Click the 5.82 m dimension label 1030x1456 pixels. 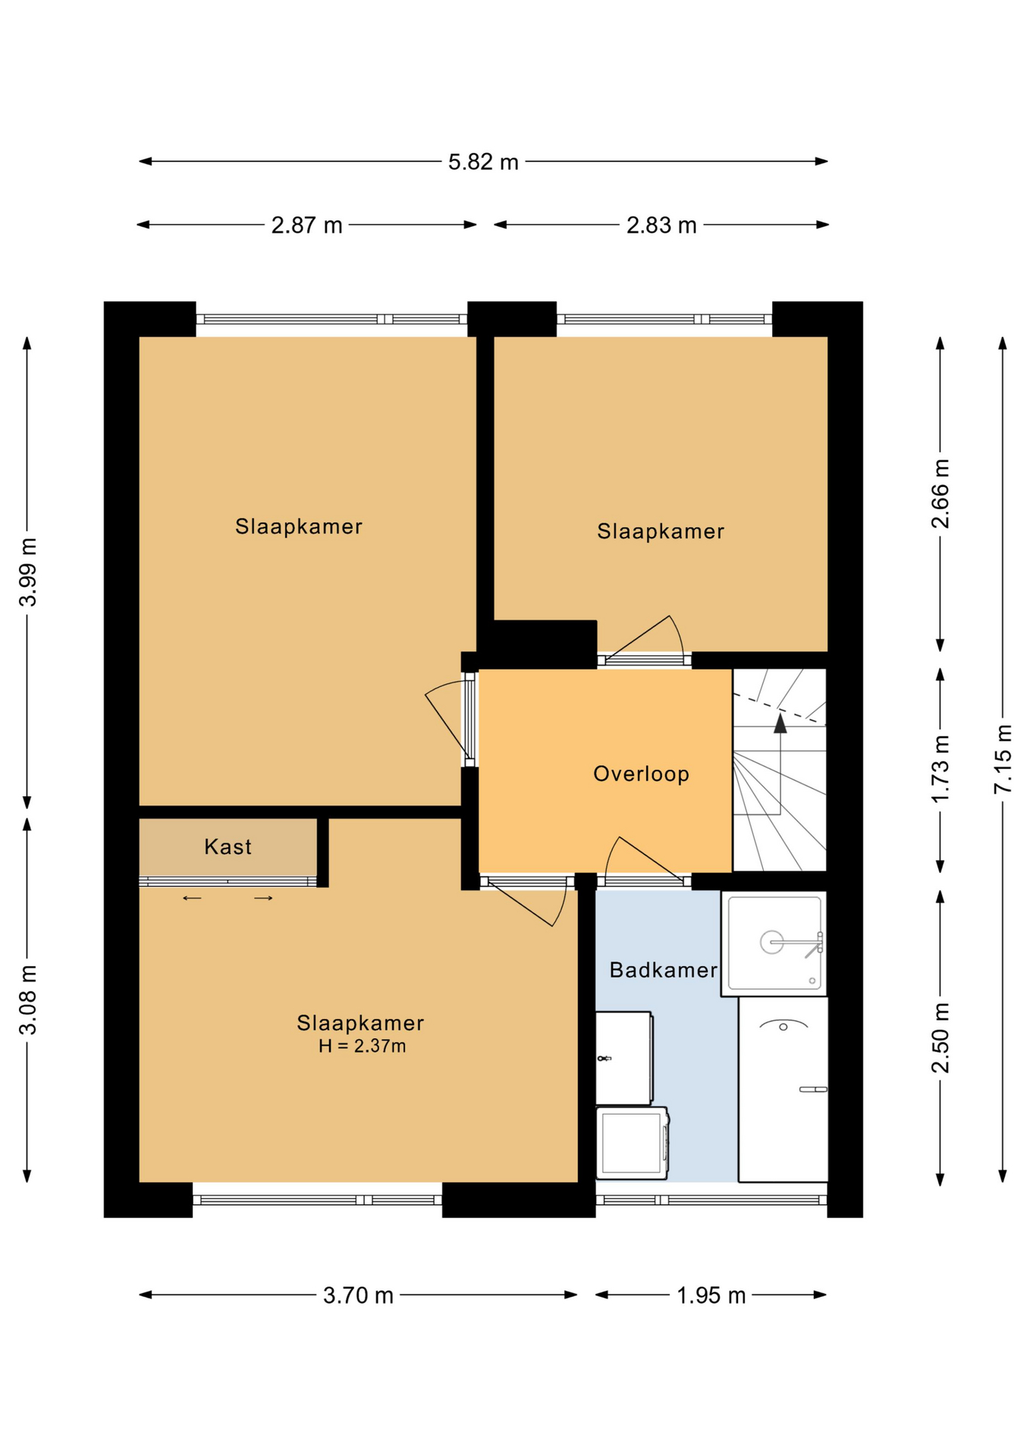483,162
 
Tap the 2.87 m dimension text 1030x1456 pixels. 307,225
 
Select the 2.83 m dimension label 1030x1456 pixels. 661,225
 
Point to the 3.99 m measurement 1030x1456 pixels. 28,573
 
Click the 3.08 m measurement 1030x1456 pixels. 28,999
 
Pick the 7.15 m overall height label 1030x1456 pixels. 1003,759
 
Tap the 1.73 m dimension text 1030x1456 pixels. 940,769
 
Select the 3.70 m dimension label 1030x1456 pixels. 358,1295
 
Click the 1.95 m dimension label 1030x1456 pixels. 711,1295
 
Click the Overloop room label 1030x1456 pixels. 642,773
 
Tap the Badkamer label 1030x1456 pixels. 664,970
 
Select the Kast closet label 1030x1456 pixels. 228,847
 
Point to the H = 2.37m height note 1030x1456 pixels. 363,1046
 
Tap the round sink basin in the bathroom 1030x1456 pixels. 771,943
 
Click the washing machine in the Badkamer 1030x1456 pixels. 632,1143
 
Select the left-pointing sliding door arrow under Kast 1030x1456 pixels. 192,899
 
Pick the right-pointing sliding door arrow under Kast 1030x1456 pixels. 263,899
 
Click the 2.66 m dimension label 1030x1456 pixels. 940,494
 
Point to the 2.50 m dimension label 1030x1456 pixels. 940,1038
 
